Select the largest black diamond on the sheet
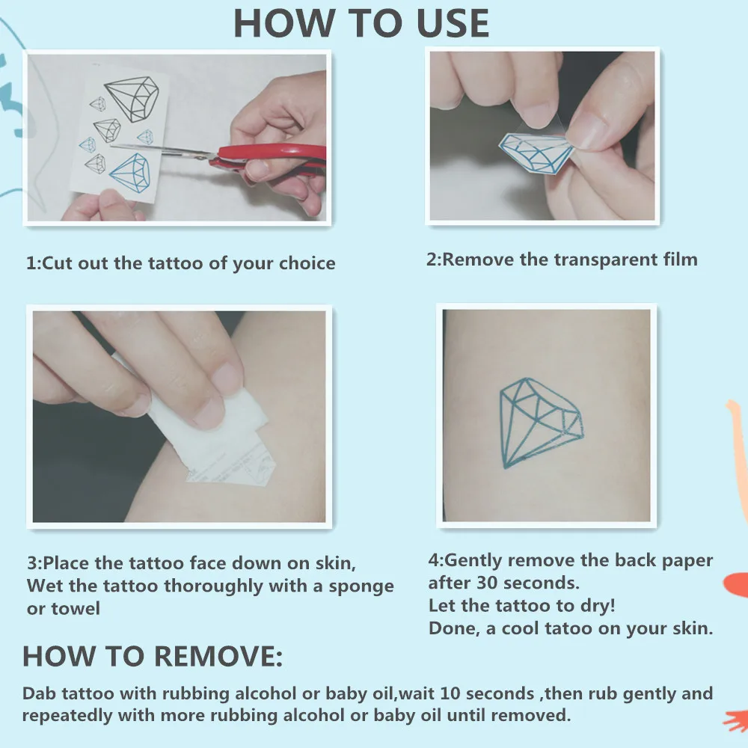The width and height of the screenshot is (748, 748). (x=132, y=98)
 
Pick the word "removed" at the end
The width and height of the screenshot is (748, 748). (x=533, y=715)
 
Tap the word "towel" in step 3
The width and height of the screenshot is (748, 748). (x=76, y=608)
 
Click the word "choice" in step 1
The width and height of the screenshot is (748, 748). (x=307, y=263)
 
